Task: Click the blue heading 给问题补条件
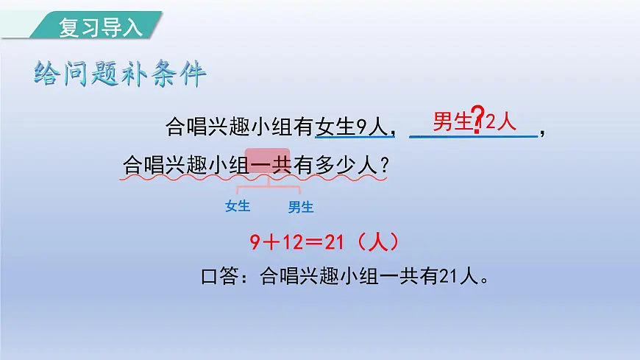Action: click(121, 74)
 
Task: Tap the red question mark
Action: click(478, 117)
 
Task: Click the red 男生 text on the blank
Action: click(452, 121)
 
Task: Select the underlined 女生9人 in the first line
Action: click(352, 127)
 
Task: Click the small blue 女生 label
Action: click(238, 206)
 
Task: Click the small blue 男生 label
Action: click(301, 207)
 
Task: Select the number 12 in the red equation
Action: click(294, 242)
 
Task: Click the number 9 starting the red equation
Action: click(255, 242)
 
